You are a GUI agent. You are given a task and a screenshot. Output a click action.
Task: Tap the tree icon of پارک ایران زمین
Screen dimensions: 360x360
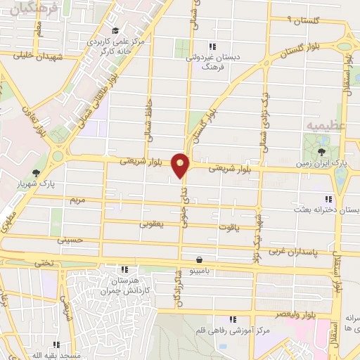(321, 151)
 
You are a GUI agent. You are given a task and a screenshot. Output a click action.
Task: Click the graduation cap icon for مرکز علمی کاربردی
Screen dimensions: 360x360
(115, 30)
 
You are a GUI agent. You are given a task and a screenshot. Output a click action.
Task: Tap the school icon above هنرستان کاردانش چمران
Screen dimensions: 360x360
(125, 269)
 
